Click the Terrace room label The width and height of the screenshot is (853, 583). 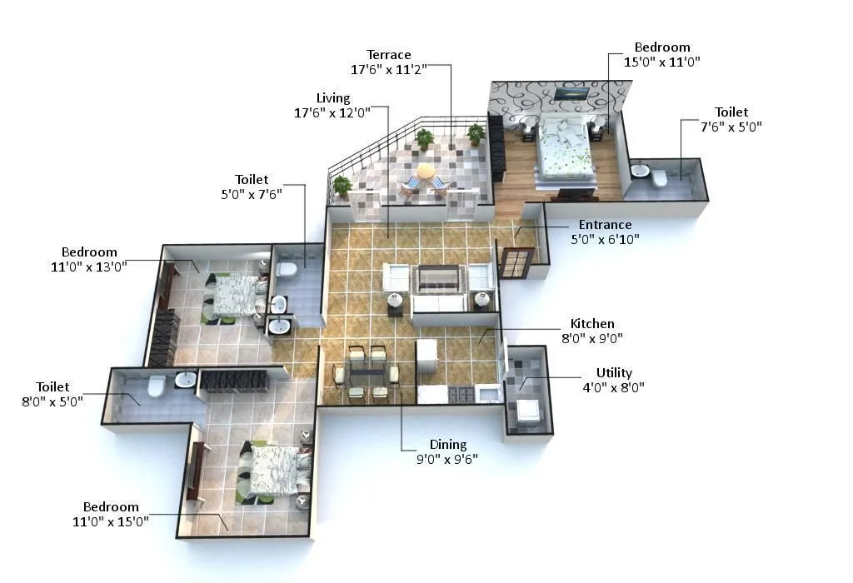pyautogui.click(x=388, y=55)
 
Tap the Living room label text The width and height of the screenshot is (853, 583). pyautogui.click(x=333, y=98)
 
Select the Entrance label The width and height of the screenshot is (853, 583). pyautogui.click(x=605, y=225)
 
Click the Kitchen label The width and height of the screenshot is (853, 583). pyautogui.click(x=592, y=323)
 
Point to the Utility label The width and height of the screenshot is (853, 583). pyautogui.click(x=614, y=372)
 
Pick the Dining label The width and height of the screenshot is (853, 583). pyautogui.click(x=448, y=444)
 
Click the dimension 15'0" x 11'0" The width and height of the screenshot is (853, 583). pyautogui.click(x=663, y=62)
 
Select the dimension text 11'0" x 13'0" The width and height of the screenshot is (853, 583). pyautogui.click(x=89, y=267)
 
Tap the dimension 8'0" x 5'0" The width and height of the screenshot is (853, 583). pyautogui.click(x=52, y=401)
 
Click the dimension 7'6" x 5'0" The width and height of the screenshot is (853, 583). pyautogui.click(x=731, y=127)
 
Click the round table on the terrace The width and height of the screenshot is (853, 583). pyautogui.click(x=426, y=172)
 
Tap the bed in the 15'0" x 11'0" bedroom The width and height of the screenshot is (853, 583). pyautogui.click(x=565, y=148)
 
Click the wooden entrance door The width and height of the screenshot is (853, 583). pyautogui.click(x=516, y=262)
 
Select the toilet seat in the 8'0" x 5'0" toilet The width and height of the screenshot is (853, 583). pyautogui.click(x=156, y=386)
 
